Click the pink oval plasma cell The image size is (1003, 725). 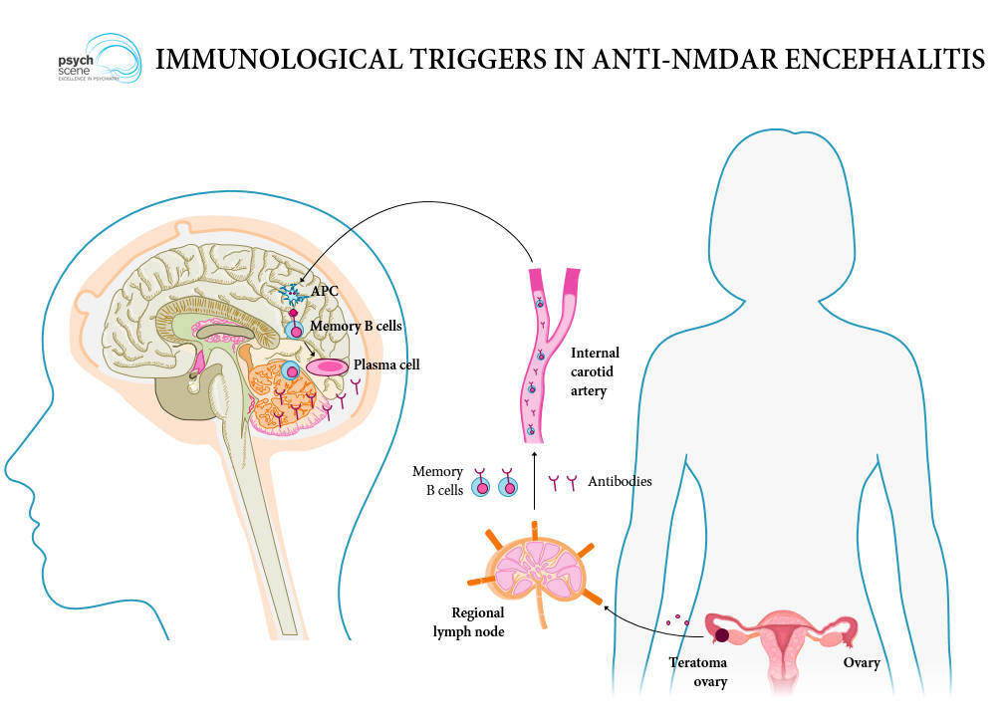pos(326,366)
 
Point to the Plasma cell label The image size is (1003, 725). pos(386,365)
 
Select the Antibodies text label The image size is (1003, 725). pos(620,482)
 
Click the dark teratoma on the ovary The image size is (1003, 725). pos(720,634)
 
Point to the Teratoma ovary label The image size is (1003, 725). pos(698,671)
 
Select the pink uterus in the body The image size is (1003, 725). pos(787,642)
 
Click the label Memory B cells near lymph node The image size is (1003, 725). pos(438,480)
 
